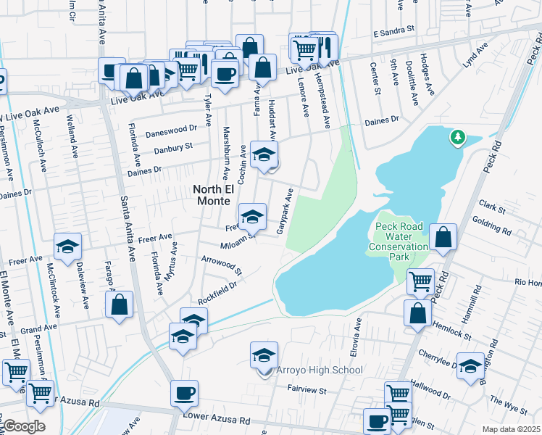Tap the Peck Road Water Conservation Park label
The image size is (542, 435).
tap(402, 241)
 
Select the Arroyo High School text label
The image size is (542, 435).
tap(318, 370)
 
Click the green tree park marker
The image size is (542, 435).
tap(457, 136)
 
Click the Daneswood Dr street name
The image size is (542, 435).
tap(171, 128)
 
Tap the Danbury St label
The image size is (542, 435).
tap(172, 147)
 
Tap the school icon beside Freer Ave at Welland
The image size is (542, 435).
tap(67, 246)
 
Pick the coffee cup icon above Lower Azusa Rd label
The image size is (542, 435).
tap(184, 393)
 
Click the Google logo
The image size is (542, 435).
tap(23, 426)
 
